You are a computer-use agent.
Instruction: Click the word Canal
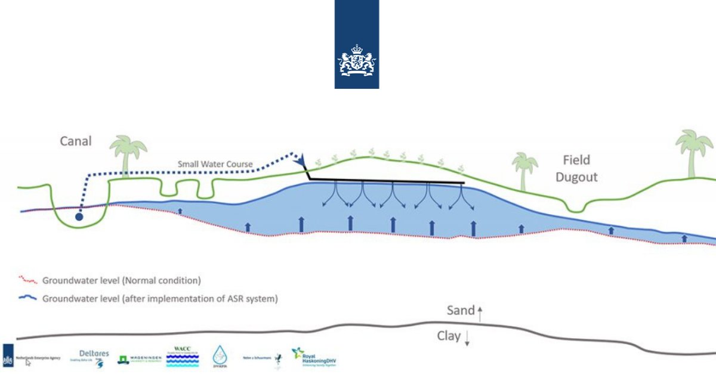coord(75,141)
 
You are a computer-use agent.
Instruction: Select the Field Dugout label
coord(576,168)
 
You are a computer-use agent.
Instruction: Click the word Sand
coord(460,310)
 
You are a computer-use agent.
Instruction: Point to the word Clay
coord(449,336)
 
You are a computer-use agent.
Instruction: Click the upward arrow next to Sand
coord(479,310)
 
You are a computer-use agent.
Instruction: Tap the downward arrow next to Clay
coord(467,338)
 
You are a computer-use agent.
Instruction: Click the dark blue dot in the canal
coord(79,217)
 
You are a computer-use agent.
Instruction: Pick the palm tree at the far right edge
coord(694,153)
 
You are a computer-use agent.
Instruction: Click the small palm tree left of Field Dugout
coord(525,169)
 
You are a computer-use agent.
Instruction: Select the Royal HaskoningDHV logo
coord(314,357)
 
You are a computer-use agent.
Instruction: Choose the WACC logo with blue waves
coord(182,357)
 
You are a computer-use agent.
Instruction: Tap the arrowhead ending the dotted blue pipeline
coord(301,159)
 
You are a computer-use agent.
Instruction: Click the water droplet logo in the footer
coord(221,356)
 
